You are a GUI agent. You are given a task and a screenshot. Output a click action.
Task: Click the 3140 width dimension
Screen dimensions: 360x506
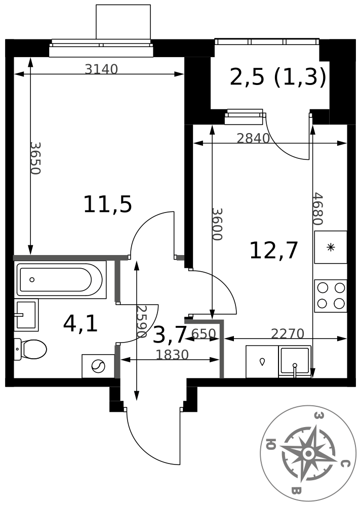point(101,69)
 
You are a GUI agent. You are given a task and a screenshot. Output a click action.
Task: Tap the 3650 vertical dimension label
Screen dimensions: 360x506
point(35,158)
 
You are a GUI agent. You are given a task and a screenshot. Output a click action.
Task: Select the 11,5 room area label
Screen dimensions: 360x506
point(107,204)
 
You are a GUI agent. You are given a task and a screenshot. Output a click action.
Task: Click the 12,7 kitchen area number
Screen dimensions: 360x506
point(273,251)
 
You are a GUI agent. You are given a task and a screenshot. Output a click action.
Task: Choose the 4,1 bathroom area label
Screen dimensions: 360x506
point(81,324)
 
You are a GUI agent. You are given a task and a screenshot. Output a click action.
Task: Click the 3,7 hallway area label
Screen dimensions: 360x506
point(170,334)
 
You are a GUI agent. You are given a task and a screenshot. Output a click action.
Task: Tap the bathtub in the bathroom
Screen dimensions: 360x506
point(60,280)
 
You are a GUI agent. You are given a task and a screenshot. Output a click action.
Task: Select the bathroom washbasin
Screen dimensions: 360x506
point(26,315)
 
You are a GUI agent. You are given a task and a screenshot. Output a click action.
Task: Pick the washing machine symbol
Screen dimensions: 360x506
point(98,366)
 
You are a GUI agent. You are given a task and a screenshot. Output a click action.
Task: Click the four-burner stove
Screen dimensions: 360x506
point(331,296)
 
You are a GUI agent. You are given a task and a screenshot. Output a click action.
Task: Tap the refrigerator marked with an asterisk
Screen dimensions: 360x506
point(331,247)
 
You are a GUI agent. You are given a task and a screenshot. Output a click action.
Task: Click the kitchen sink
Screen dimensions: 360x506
point(295,362)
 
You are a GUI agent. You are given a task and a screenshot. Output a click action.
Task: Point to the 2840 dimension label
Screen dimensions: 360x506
point(253,139)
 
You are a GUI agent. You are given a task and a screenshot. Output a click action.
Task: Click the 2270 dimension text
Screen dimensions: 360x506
point(288,333)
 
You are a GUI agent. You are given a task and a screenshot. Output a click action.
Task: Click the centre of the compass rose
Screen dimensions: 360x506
point(308,454)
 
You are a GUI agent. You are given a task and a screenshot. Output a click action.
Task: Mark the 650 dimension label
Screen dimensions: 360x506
point(204,333)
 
